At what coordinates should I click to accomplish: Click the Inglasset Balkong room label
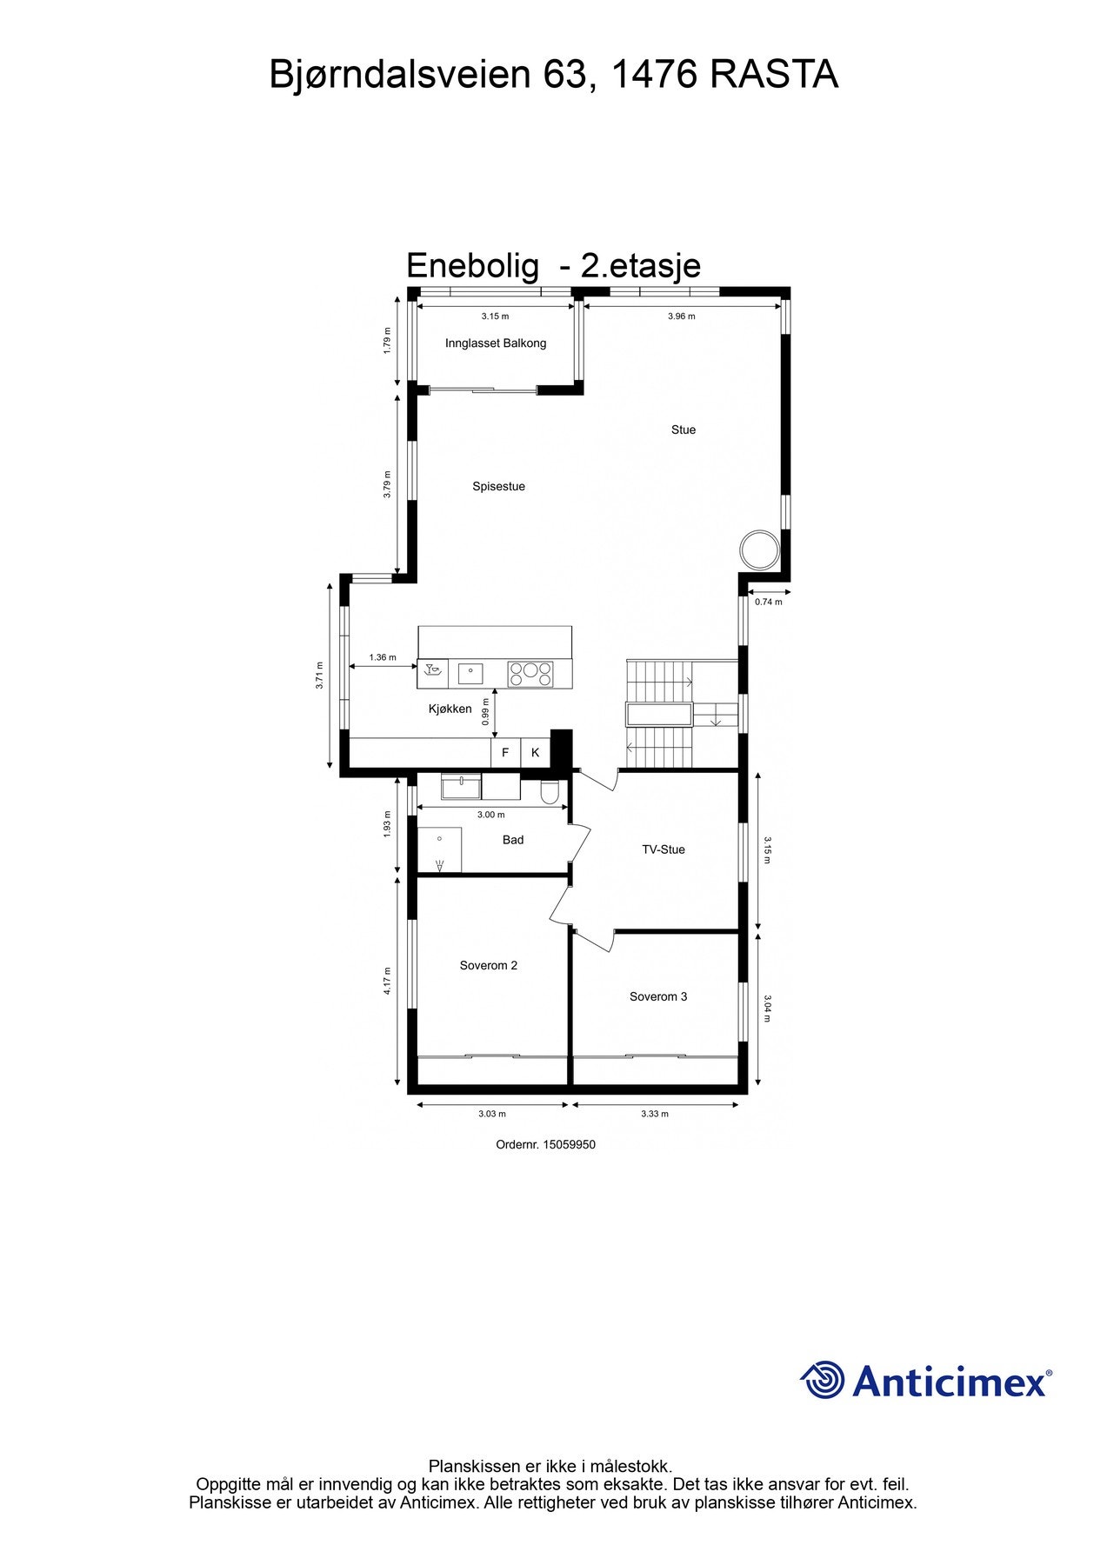[x=496, y=343]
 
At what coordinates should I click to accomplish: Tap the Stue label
[x=684, y=430]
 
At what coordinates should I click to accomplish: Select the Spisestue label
[x=498, y=487]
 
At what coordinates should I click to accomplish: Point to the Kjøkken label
[x=450, y=709]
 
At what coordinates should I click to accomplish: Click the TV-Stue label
[x=664, y=849]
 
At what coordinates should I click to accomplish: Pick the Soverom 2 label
[x=489, y=965]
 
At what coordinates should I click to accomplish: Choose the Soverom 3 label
[x=658, y=996]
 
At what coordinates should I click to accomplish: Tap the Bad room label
[x=513, y=840]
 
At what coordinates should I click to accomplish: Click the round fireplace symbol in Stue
[x=759, y=549]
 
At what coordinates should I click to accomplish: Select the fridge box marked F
[x=505, y=753]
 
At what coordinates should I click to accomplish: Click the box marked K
[x=536, y=753]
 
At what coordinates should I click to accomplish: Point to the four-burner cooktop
[x=530, y=674]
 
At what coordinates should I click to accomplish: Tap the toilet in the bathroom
[x=550, y=792]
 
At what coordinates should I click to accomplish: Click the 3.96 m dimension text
[x=682, y=316]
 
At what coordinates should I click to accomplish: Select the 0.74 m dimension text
[x=768, y=602]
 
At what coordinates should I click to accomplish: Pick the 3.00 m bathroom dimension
[x=491, y=815]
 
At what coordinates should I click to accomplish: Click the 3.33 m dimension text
[x=655, y=1114]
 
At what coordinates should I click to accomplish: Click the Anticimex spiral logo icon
[x=822, y=1380]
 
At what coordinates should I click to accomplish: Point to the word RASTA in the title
[x=774, y=75]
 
